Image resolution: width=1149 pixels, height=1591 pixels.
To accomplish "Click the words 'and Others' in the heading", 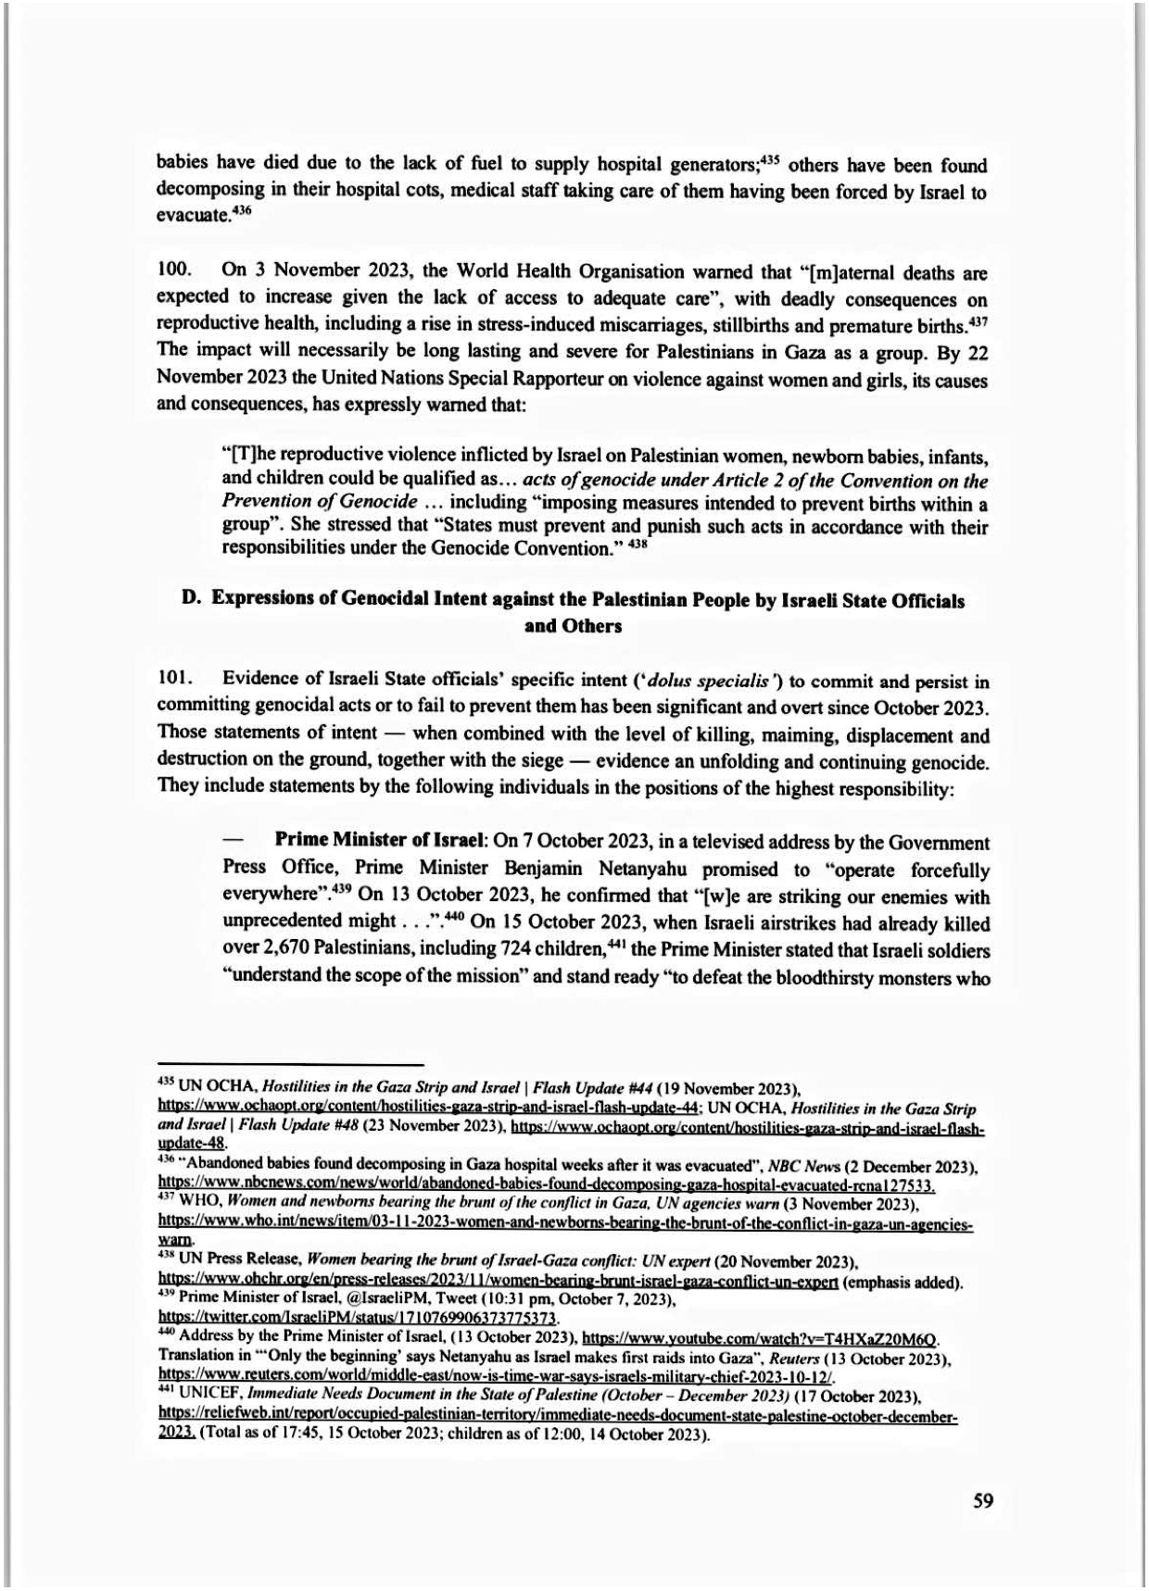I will (573, 626).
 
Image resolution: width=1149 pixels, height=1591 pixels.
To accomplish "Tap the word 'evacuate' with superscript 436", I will (192, 215).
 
